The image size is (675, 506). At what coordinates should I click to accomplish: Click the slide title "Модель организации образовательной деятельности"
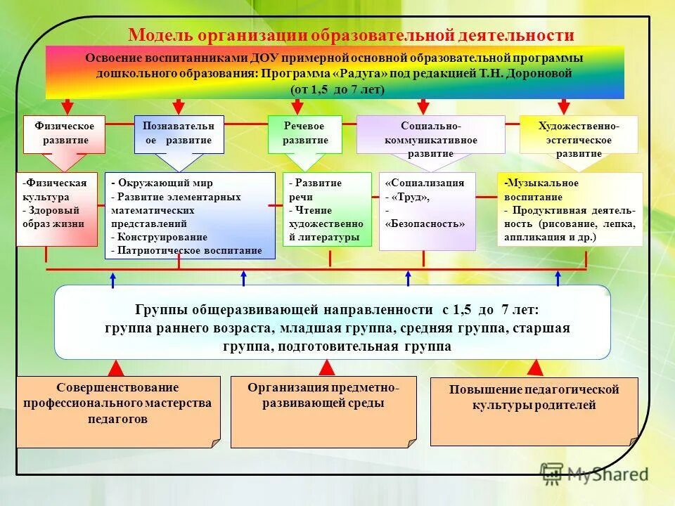351,35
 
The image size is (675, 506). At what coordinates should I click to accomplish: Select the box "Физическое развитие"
64,134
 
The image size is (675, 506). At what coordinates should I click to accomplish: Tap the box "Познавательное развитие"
179,134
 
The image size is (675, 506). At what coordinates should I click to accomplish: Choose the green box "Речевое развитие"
304,134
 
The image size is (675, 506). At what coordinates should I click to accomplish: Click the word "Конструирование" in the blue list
162,237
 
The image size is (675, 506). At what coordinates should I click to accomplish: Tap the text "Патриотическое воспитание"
189,250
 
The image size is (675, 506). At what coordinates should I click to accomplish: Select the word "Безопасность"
425,223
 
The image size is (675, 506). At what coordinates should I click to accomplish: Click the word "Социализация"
427,183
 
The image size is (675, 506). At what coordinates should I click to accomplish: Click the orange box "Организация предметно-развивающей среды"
323,411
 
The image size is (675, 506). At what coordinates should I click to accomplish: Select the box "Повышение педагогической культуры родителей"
534,410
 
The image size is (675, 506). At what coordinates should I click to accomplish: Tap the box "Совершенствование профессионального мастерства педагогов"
117,410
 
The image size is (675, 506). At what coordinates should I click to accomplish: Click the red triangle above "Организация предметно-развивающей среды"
326,368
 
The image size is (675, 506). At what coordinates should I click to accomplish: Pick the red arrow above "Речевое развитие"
297,106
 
